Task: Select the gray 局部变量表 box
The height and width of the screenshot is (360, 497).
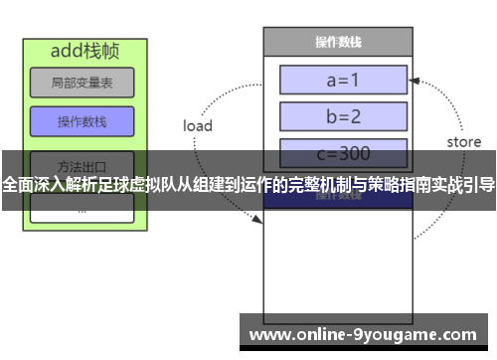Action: [x=82, y=83]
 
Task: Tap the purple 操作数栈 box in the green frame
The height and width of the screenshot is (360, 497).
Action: [x=82, y=122]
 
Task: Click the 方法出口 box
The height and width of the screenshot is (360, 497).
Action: [x=82, y=163]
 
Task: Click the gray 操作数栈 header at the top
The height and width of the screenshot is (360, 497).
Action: [x=338, y=42]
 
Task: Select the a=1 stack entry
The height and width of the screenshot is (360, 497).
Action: [x=344, y=79]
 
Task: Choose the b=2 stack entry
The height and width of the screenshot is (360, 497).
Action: [x=344, y=115]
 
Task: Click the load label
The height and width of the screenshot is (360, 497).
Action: [x=198, y=126]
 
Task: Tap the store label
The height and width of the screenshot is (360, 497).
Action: [x=463, y=142]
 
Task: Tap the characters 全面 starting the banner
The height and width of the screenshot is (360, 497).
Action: [x=19, y=185]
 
